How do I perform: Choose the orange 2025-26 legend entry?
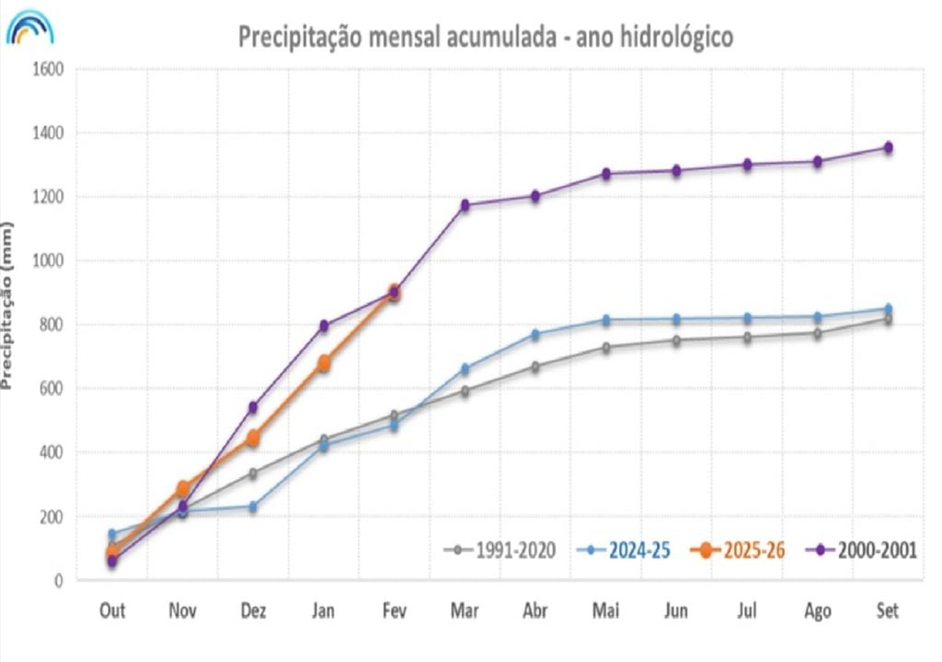point(741,551)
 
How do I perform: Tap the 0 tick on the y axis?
point(57,580)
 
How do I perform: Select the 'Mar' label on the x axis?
point(465,611)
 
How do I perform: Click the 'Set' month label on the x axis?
point(888,611)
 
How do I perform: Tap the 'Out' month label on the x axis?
point(112,611)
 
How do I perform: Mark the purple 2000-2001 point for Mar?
point(465,205)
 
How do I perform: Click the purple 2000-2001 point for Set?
point(888,147)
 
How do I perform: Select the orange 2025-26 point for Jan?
point(324,363)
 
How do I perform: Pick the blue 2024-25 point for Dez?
point(253,507)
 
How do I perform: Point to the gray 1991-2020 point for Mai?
point(606,348)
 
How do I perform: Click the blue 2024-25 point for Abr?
point(535,335)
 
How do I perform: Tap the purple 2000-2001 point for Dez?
point(253,407)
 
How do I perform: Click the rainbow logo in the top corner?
point(30,29)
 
